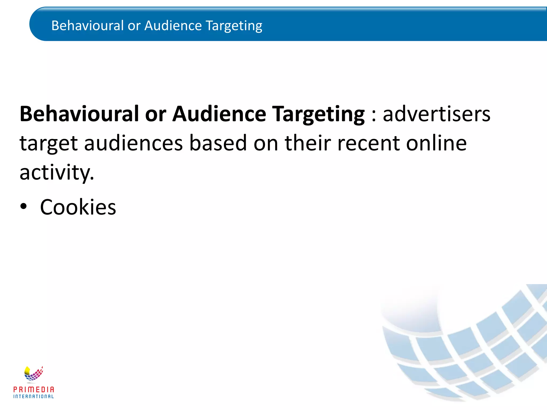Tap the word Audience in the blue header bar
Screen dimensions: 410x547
point(173,26)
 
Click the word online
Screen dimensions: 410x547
point(436,143)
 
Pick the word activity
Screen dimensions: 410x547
point(57,172)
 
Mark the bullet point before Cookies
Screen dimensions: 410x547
point(24,207)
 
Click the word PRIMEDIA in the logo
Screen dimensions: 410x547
point(34,390)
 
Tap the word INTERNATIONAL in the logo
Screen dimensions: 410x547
point(34,396)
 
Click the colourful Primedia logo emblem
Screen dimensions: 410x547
point(33,373)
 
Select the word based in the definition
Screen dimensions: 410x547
point(218,143)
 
